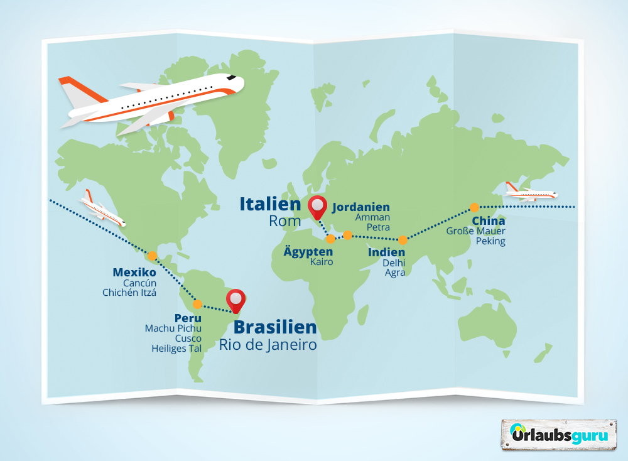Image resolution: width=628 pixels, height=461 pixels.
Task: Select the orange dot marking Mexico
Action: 151,256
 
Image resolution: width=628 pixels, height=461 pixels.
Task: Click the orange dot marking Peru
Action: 197,304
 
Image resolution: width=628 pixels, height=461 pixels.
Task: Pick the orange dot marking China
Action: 475,207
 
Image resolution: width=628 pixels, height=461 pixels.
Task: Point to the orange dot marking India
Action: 403,239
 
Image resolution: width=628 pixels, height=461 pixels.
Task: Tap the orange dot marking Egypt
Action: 330,239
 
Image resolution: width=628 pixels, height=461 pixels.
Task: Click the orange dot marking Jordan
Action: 347,235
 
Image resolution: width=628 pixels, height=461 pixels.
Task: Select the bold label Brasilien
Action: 275,327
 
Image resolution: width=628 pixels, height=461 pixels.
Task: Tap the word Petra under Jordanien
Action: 379,227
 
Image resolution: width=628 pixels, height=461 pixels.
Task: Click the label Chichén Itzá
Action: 129,292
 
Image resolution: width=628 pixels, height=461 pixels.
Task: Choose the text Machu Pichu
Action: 173,328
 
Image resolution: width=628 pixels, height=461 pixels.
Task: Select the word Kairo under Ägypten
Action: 322,262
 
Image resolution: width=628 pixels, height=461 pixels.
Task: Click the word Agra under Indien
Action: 396,273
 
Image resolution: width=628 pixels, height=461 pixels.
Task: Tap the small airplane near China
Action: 531,191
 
